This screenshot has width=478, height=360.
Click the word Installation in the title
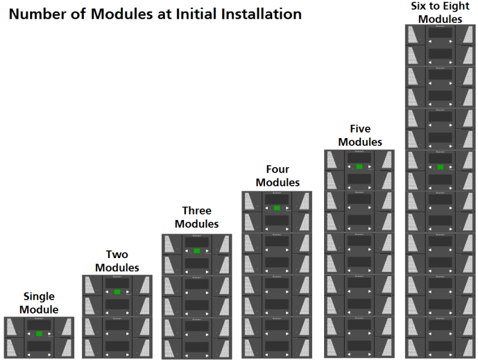(x=261, y=14)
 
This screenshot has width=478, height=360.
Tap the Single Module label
(x=39, y=303)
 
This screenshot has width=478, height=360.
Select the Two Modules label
(x=117, y=261)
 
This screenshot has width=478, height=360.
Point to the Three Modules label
(x=197, y=217)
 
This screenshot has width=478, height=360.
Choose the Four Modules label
(x=277, y=175)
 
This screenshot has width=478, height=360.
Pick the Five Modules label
(x=360, y=136)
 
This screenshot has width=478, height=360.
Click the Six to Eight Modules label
(x=440, y=13)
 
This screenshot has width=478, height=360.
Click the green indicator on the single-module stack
(x=39, y=333)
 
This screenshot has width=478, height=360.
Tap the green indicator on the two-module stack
(x=118, y=292)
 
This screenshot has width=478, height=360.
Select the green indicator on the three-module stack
(x=197, y=251)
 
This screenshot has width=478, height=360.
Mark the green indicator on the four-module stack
(x=277, y=208)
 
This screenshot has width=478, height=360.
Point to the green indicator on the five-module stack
(x=359, y=167)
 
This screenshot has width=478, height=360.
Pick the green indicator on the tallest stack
(x=441, y=167)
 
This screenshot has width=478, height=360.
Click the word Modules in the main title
(x=123, y=14)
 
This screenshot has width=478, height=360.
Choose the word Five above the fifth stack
(x=360, y=128)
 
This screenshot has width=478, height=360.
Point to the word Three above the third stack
(x=197, y=210)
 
